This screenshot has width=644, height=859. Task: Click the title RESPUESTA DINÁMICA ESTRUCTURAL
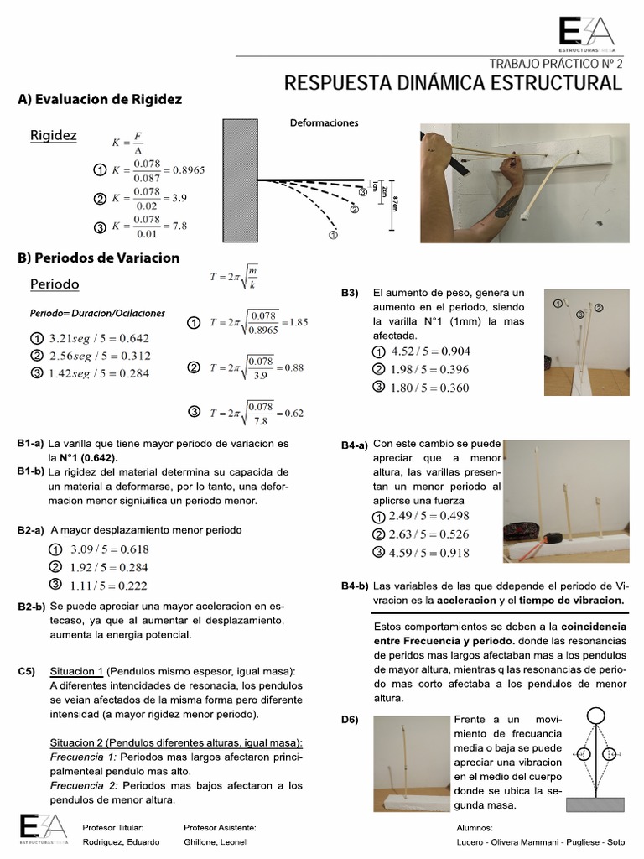(x=454, y=83)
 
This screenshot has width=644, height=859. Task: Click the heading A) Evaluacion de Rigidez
(x=100, y=99)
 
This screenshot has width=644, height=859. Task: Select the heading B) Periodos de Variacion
(x=98, y=258)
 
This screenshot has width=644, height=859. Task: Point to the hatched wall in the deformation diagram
(x=239, y=180)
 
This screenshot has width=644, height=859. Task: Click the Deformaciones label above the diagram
(x=324, y=122)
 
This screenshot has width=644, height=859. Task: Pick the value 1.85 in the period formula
(x=298, y=321)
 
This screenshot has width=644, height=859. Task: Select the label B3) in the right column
(x=350, y=293)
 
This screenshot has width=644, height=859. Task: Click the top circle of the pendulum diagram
(x=596, y=716)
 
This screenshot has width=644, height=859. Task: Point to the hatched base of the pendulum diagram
(x=596, y=804)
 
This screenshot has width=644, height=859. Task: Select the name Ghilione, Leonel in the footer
(x=216, y=841)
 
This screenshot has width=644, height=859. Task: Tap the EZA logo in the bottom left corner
(x=40, y=828)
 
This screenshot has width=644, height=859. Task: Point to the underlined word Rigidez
(x=54, y=135)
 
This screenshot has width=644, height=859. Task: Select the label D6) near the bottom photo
(x=350, y=719)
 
